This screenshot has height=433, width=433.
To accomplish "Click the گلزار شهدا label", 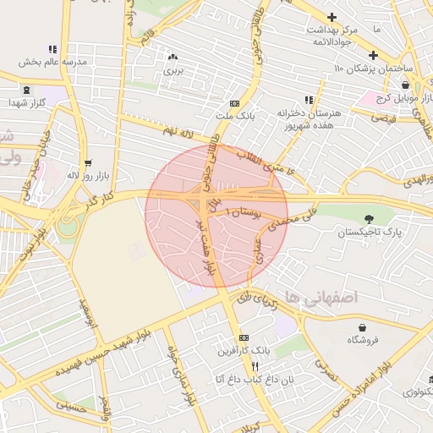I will [x=25, y=102].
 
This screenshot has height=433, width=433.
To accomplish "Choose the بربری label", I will [x=173, y=72].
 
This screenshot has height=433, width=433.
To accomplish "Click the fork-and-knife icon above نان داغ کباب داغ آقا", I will [x=255, y=366].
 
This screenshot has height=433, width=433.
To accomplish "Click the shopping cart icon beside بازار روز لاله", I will [x=88, y=163].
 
